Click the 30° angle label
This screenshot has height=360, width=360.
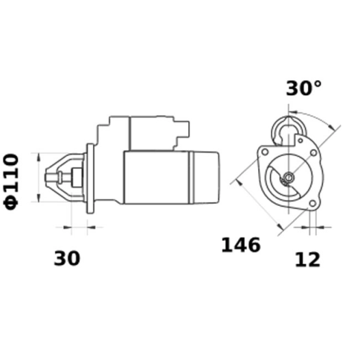click(303, 89)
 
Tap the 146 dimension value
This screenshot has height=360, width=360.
click(240, 245)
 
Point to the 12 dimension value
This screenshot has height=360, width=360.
click(307, 259)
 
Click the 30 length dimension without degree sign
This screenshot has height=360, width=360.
click(67, 259)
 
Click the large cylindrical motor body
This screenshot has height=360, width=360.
click(156, 176)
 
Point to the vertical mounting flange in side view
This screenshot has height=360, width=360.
click(90, 178)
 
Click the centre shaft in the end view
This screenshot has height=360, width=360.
click(289, 177)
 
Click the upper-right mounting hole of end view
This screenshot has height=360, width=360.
click(299, 141)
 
